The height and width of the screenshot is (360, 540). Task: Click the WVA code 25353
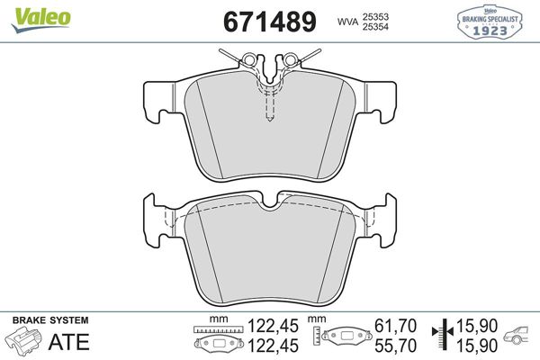tap(377, 14)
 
